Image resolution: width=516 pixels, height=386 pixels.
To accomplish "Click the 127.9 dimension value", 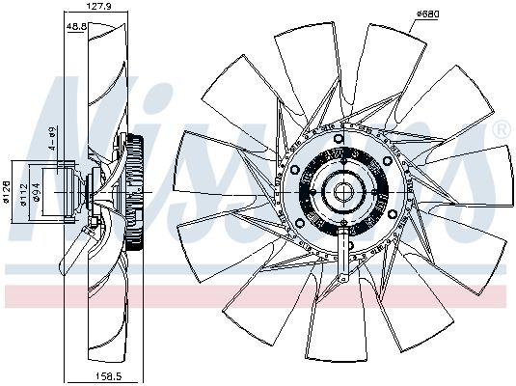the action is tap(94, 6).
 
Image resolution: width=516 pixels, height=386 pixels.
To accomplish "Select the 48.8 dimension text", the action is tap(76, 26).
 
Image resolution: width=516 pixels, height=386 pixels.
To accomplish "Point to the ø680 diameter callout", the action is tap(428, 14).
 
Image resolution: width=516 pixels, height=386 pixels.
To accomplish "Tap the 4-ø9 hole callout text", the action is tap(52, 138).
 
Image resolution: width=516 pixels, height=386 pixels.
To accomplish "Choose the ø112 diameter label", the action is tap(23, 195).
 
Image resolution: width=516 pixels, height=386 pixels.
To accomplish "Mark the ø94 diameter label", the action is tap(37, 192).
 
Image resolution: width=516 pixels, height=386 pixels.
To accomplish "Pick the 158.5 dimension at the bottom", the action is tap(107, 375).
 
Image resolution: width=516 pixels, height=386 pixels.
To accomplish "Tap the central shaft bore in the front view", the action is tap(343, 192).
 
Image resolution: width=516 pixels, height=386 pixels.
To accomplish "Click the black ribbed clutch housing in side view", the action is tap(135, 192).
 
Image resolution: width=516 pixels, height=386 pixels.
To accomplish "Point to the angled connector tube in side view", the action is tap(74, 249).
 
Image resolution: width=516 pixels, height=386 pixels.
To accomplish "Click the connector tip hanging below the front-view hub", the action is tap(343, 277).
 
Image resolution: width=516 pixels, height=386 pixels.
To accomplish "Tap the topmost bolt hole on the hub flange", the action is tap(339, 138).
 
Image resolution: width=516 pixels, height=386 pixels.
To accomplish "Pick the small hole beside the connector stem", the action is tap(351, 244).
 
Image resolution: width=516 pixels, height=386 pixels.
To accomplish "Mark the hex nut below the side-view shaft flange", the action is tap(94, 222).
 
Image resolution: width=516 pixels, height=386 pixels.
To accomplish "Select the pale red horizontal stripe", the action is tap(256, 296).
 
